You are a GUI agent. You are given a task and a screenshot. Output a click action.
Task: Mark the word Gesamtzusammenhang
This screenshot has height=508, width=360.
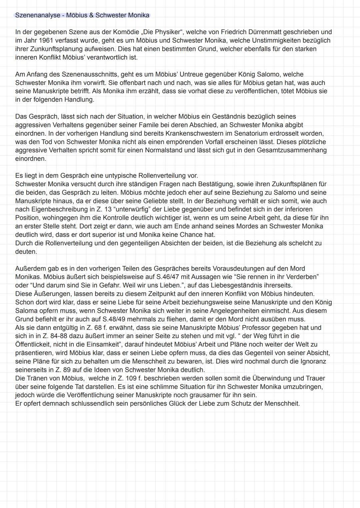click(292, 150)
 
